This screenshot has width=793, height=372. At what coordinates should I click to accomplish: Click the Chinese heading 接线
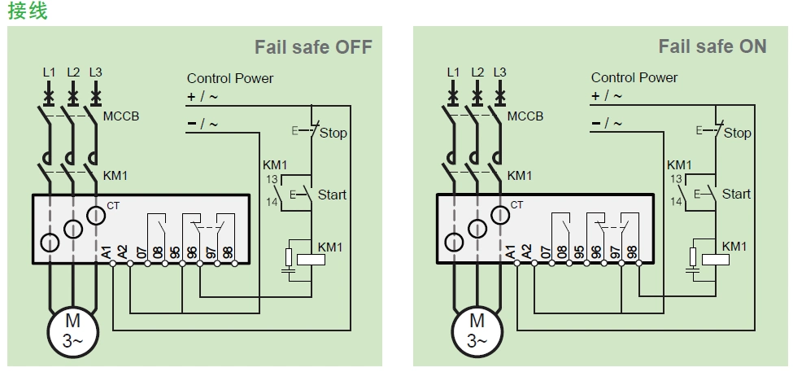tap(28, 11)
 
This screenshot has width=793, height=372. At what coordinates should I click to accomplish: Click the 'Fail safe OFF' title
tap(313, 46)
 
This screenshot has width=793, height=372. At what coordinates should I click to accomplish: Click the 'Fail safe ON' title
tap(712, 46)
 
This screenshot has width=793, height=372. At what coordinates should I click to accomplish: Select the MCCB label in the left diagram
tap(121, 116)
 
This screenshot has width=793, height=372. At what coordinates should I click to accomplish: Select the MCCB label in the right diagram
tap(525, 116)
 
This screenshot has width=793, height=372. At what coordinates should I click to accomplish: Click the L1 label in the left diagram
tap(49, 72)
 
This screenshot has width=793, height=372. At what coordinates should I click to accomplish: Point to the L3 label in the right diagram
tap(499, 72)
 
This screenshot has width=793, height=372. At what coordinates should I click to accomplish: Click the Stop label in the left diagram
tap(333, 133)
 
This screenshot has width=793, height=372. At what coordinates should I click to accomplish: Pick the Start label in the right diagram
tap(736, 194)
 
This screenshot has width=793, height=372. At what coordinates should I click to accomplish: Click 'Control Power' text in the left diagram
tap(230, 78)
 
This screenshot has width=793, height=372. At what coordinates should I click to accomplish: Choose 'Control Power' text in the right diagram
tap(634, 78)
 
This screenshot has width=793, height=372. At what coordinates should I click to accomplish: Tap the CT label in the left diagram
tap(113, 206)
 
